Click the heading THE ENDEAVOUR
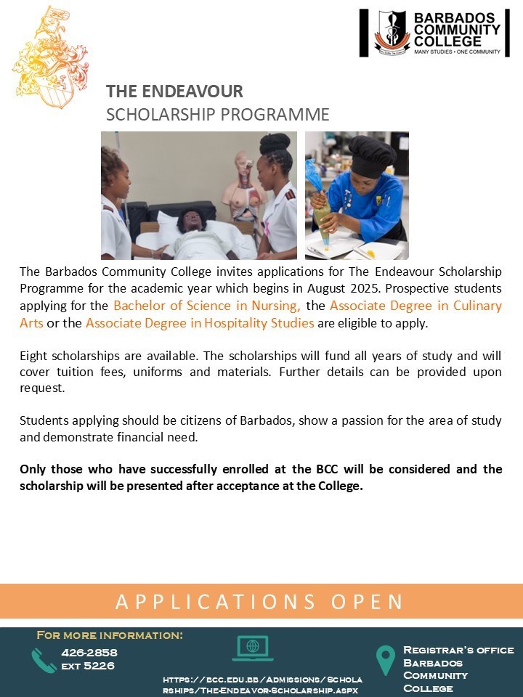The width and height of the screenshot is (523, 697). tap(174, 91)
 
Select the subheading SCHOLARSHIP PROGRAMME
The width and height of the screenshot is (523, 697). tap(217, 115)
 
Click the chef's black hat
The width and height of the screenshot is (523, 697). tap(373, 153)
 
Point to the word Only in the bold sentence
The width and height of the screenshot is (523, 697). tap(34, 469)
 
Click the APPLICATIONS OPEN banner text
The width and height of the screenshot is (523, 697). tap(260, 602)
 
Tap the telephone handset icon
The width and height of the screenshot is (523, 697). tap(43, 659)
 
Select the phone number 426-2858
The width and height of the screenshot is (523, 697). tap(89, 653)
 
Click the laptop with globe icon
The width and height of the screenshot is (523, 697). tap(252, 648)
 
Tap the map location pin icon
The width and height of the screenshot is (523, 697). tap(385, 660)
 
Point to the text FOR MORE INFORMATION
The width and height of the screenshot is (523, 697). tap(110, 636)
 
